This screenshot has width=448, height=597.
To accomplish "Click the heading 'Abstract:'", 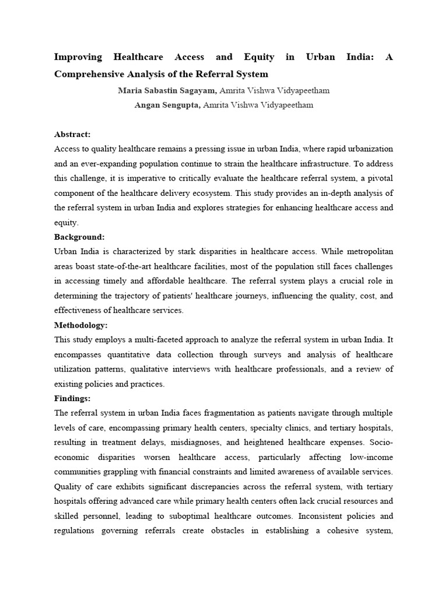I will pos(72,134).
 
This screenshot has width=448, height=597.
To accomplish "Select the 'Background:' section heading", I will pos(79,237).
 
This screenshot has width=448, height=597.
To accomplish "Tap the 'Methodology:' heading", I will pos(81,325).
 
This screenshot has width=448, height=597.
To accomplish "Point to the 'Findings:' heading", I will pos(72,398).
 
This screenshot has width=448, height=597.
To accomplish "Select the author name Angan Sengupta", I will pos(167,105).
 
